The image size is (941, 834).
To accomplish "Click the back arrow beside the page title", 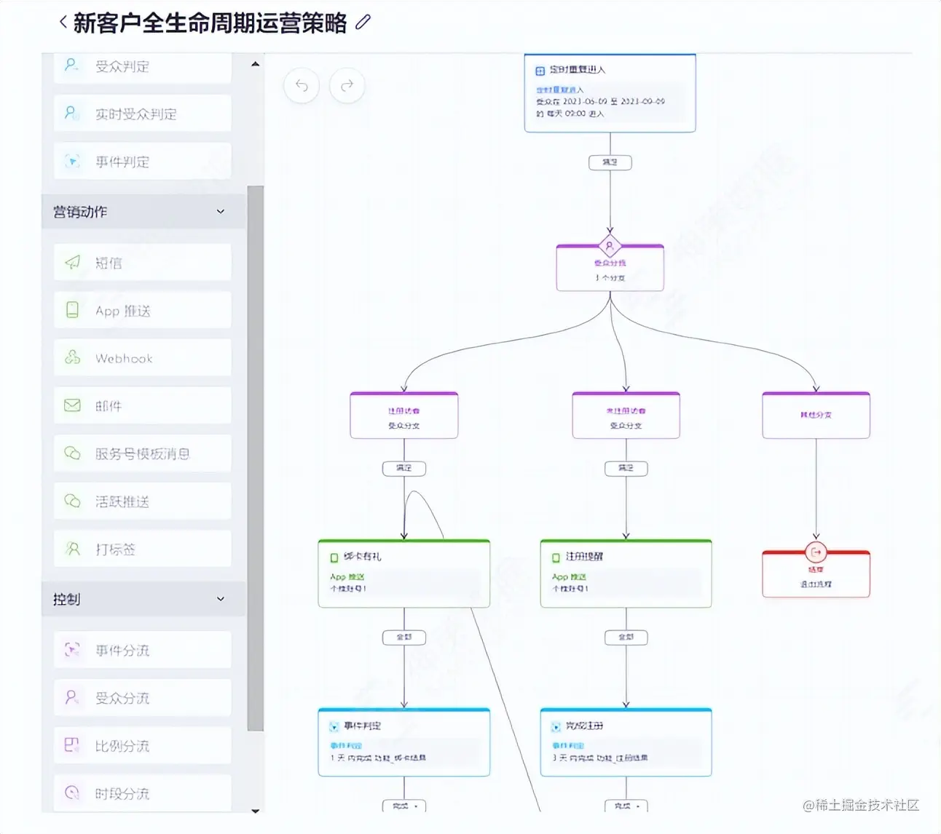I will pos(63,23).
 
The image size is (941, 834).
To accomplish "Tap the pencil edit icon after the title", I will pos(363,23).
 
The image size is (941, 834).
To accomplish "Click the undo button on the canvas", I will pos(302,86).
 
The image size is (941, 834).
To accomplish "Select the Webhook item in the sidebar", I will pos(142,358).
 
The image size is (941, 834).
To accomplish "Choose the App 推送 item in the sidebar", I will pos(142,311).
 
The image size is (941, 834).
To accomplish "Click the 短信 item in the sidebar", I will pos(142,263).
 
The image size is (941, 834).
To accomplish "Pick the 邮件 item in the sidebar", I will pos(142,405).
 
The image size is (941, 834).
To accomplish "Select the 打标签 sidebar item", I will pos(142,549).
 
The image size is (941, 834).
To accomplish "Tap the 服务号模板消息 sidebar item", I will pos(142,453).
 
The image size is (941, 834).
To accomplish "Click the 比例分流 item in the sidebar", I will pos(142,745).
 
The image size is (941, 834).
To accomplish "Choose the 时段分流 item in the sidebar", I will pos(142,793).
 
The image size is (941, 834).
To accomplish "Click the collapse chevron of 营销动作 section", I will pos(221,212).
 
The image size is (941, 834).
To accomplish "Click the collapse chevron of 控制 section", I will pos(221,599).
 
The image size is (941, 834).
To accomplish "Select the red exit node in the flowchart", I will pos(816,574).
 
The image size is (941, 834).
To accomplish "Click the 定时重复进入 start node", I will pos(610,93).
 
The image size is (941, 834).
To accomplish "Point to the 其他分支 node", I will pos(816,415).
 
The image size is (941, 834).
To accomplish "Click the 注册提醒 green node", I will pos(626,573).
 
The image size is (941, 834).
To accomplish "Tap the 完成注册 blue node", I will pos(626,742).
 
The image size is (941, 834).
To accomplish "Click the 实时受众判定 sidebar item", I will pos(142,114).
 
